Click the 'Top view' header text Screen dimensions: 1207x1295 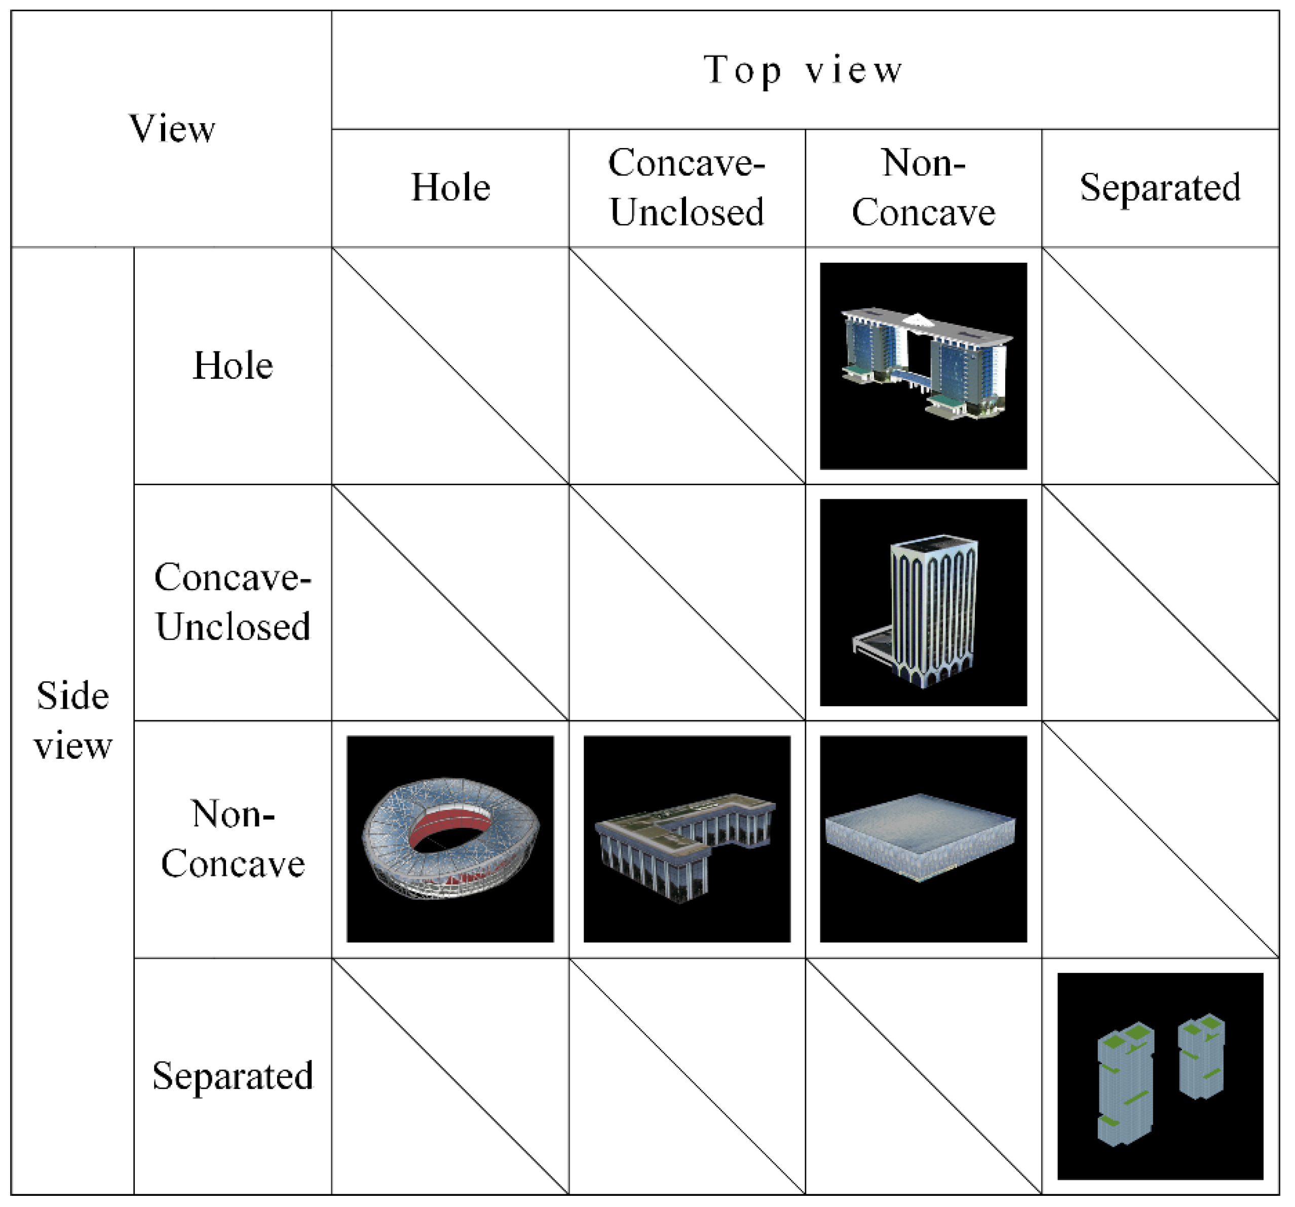pyautogui.click(x=804, y=70)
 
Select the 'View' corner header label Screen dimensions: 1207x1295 pyautogui.click(x=171, y=128)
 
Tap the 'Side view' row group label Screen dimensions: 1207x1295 pyautogui.click(x=72, y=720)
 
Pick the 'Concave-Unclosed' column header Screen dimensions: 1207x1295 pyautogui.click(x=687, y=188)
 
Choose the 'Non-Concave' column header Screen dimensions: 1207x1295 pyautogui.click(x=923, y=188)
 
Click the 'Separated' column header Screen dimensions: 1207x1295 pyautogui.click(x=1160, y=188)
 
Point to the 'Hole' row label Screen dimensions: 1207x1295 pyautogui.click(x=233, y=365)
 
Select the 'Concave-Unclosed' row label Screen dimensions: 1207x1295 pyautogui.click(x=233, y=602)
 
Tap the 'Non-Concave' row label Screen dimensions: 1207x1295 pyautogui.click(x=233, y=839)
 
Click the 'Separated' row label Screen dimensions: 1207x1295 pyautogui.click(x=233, y=1076)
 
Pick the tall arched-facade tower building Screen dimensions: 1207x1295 pyautogui.click(x=933, y=609)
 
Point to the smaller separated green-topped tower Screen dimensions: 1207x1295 pyautogui.click(x=1202, y=1056)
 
